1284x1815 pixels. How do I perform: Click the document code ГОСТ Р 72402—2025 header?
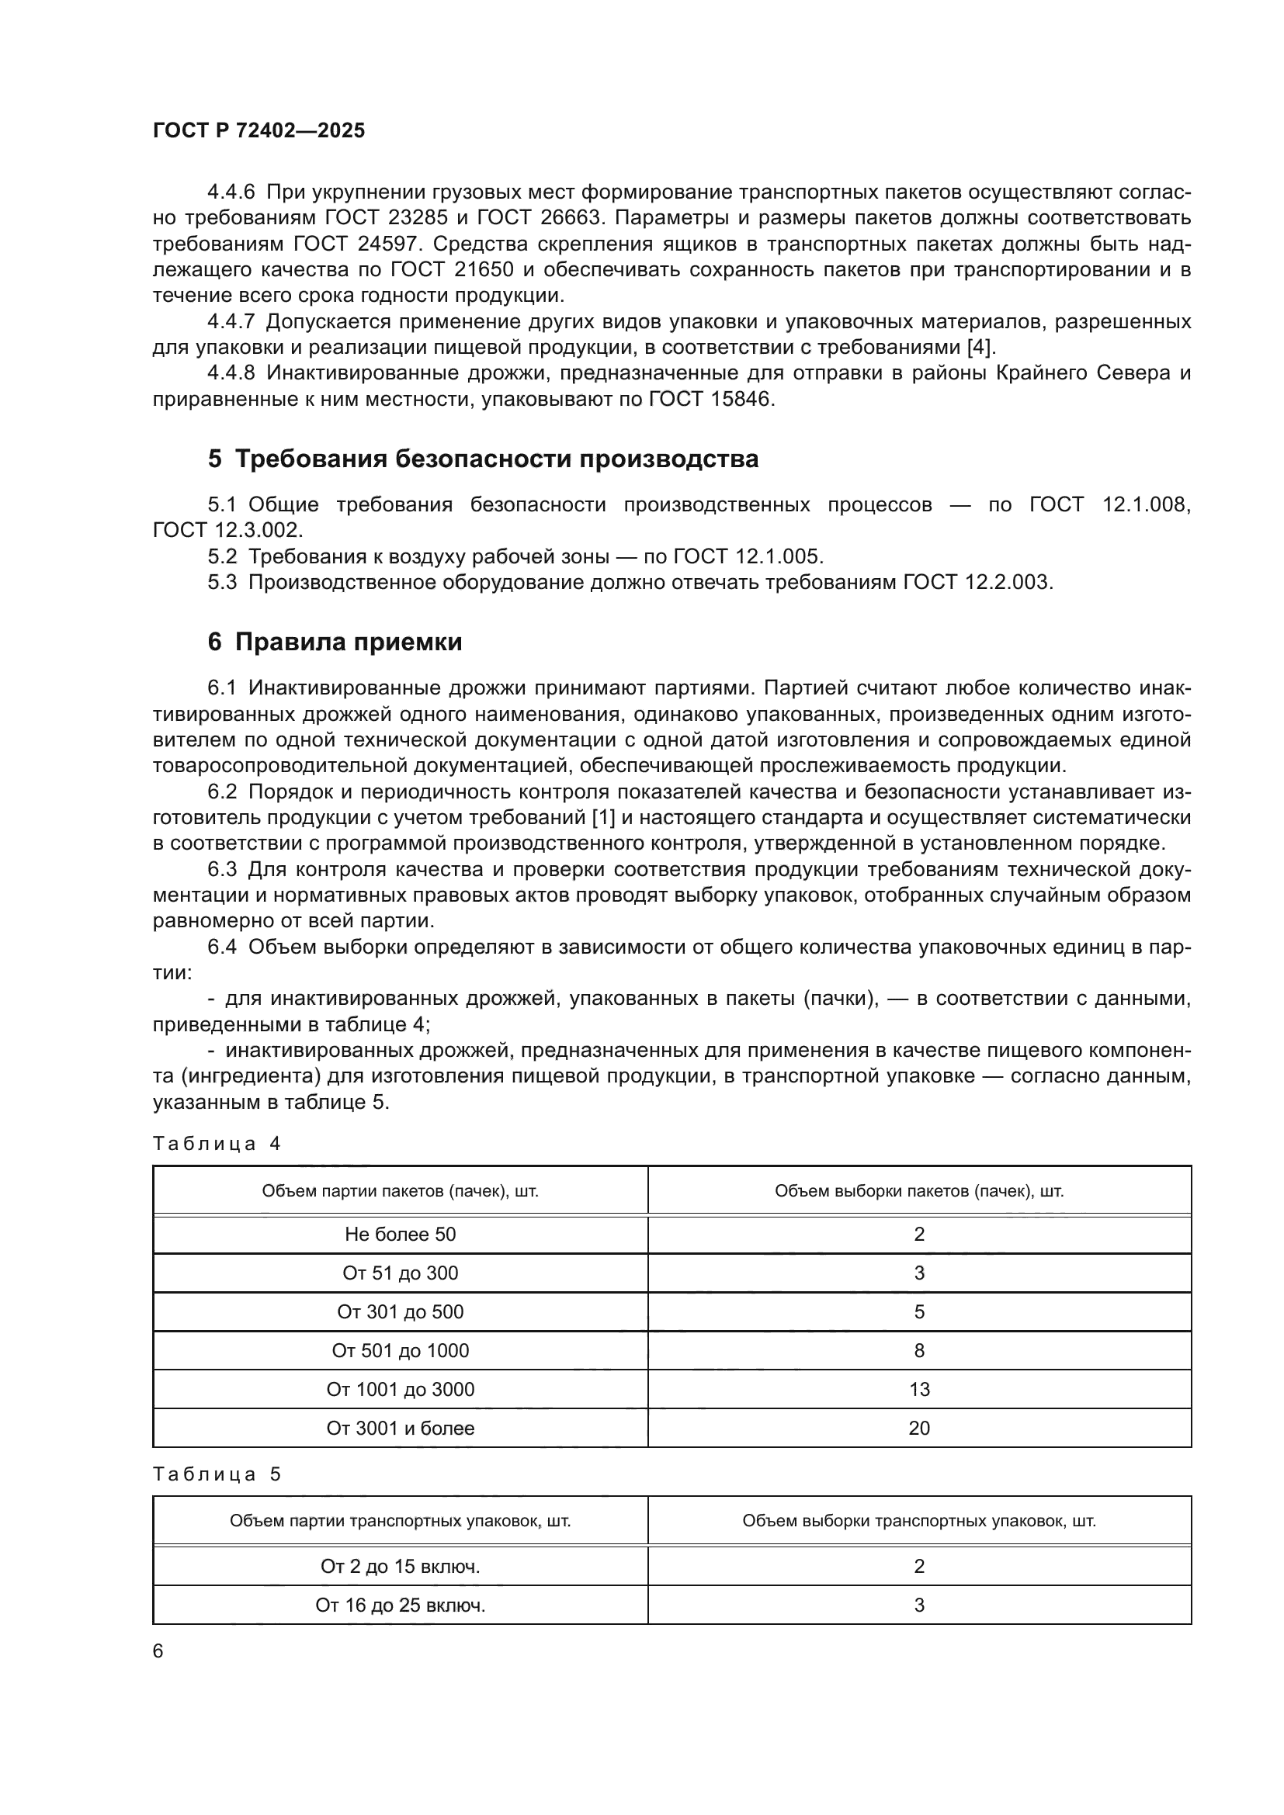click(259, 131)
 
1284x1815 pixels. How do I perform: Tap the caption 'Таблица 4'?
click(217, 1144)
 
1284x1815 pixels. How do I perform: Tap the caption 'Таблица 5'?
click(217, 1474)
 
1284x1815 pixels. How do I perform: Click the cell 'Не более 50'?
click(400, 1234)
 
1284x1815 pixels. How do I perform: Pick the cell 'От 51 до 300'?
click(400, 1273)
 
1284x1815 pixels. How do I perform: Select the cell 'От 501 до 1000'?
click(400, 1350)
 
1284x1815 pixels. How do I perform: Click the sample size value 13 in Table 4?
click(918, 1389)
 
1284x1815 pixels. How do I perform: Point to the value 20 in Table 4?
click(918, 1428)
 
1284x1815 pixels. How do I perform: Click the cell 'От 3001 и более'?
click(400, 1428)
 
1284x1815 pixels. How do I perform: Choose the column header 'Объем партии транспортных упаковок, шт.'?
click(400, 1520)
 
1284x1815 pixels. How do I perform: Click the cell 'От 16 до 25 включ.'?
click(400, 1605)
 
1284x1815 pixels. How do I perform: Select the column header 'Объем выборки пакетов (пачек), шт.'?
click(918, 1191)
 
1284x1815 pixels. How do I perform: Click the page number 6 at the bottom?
click(158, 1650)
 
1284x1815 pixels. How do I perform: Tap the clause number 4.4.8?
click(231, 373)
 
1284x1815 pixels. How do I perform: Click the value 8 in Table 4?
click(918, 1350)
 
